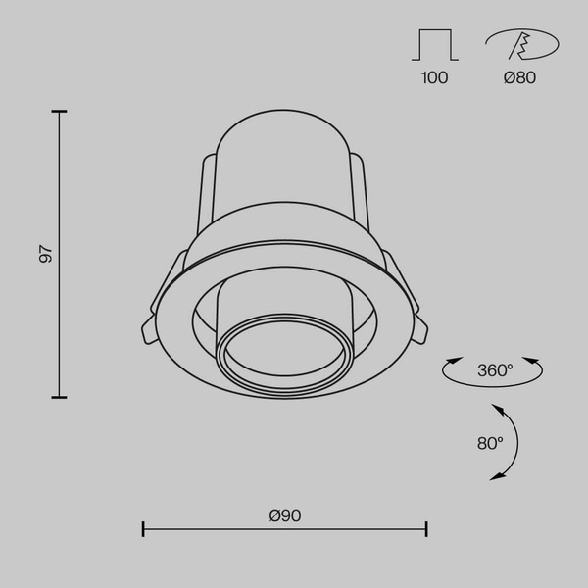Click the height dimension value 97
(x=44, y=254)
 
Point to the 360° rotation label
(x=494, y=370)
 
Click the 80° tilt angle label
(x=490, y=443)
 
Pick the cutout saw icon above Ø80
(x=520, y=45)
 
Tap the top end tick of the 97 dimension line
(x=60, y=113)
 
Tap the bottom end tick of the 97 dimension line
(x=60, y=397)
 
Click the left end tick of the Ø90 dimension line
(x=144, y=530)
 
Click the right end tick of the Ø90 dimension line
(x=426, y=530)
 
